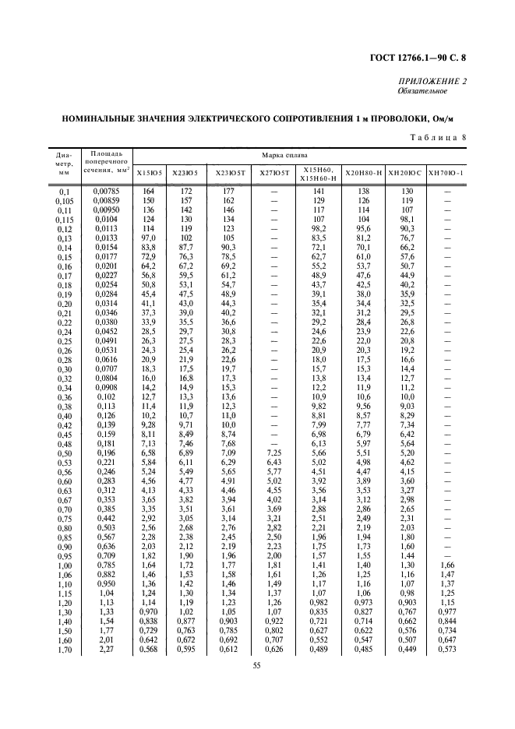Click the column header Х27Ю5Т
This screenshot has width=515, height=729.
274,172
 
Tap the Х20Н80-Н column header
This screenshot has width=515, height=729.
363,172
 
